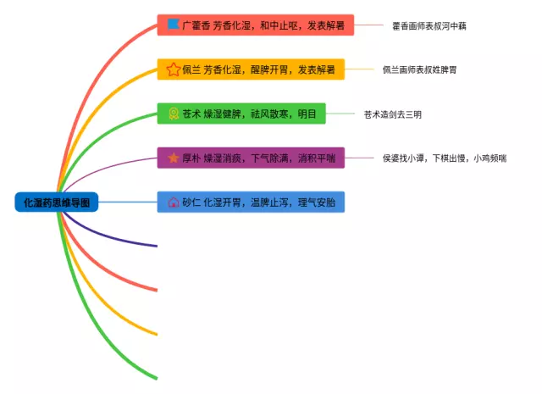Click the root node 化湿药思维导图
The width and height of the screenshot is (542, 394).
click(57, 203)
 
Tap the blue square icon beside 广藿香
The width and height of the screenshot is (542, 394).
click(173, 25)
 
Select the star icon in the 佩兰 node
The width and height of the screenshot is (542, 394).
click(173, 69)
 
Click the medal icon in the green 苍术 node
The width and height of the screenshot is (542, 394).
click(173, 114)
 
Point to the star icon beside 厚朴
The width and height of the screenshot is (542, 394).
click(173, 158)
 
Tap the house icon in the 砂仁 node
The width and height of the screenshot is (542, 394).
click(173, 203)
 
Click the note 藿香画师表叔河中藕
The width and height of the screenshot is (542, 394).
click(429, 25)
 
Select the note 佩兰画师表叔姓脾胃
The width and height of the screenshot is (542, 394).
click(421, 69)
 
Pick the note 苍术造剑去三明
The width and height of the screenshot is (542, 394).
click(392, 114)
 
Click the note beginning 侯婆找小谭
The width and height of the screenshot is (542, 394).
click(445, 158)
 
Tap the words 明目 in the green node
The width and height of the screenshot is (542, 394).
click(307, 114)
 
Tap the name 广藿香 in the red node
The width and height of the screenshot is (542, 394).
click(197, 25)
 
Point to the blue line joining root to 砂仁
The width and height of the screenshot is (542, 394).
click(127, 203)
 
